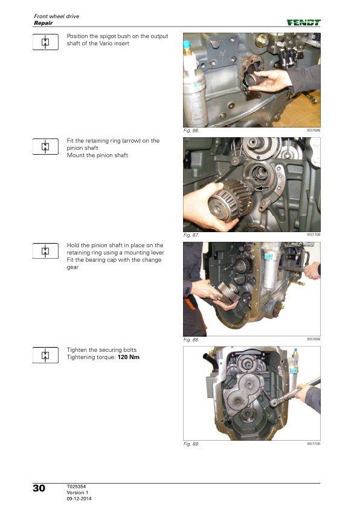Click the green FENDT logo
pyautogui.click(x=304, y=22)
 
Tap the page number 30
pyautogui.click(x=39, y=488)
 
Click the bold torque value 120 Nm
pyautogui.click(x=129, y=357)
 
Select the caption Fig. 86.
pyautogui.click(x=191, y=131)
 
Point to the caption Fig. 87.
pyautogui.click(x=191, y=235)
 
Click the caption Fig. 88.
pyautogui.click(x=191, y=340)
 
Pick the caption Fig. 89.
pyautogui.click(x=191, y=444)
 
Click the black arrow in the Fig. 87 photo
pyautogui.click(x=262, y=187)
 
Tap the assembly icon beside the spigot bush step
pyautogui.click(x=45, y=42)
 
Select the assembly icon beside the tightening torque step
pyautogui.click(x=45, y=355)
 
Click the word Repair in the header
pyautogui.click(x=43, y=23)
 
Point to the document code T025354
pyautogui.click(x=76, y=487)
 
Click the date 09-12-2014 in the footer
pyautogui.click(x=79, y=499)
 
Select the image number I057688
pyautogui.click(x=313, y=130)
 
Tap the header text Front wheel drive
pyautogui.click(x=56, y=16)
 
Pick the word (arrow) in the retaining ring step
pyautogui.click(x=131, y=141)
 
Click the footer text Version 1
pyautogui.click(x=77, y=493)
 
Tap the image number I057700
pyautogui.click(x=313, y=444)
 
